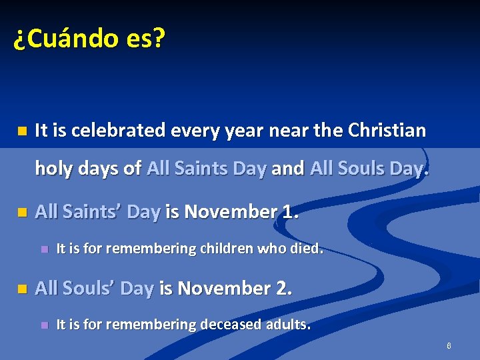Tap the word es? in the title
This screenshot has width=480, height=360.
(x=143, y=39)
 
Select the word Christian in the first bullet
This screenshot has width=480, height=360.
(x=387, y=130)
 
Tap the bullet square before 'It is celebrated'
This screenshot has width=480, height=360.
(x=22, y=131)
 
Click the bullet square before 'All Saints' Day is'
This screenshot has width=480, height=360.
(x=22, y=213)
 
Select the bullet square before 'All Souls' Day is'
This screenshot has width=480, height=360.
(x=22, y=289)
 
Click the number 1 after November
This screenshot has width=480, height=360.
(x=287, y=212)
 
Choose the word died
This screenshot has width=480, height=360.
(x=307, y=249)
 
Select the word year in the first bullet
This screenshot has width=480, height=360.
(x=243, y=131)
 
